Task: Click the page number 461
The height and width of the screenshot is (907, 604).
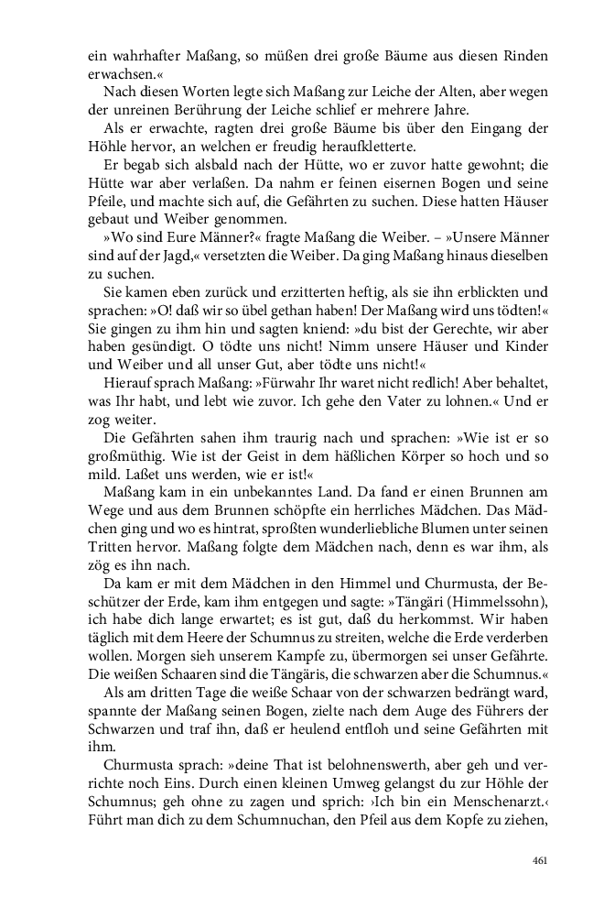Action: coord(539,860)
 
